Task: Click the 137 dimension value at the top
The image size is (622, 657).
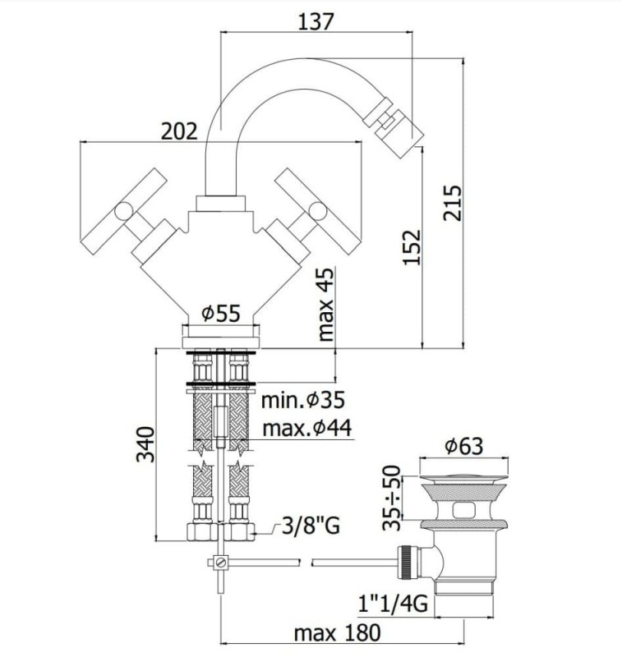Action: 316,22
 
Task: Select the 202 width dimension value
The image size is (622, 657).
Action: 179,131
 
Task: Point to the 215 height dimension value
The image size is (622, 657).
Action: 452,203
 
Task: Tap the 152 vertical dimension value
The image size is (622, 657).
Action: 412,247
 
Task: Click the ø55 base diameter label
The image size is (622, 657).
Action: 221,313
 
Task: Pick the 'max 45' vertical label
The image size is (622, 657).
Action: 325,304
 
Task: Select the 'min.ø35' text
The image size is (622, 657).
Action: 303,400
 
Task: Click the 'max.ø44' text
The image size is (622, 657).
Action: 307,428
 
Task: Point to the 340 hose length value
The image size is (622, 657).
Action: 145,444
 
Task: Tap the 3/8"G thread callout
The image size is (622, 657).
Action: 311,526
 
